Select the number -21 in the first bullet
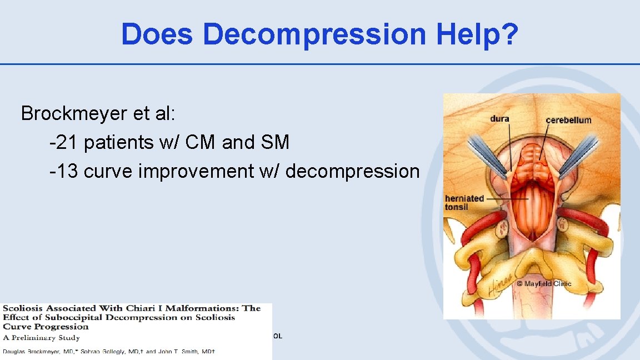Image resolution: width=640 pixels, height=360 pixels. coord(63,143)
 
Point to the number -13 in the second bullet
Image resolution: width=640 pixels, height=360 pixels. coord(63,172)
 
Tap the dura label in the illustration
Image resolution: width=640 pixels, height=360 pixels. coord(499,119)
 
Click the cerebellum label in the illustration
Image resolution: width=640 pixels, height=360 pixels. coord(568,120)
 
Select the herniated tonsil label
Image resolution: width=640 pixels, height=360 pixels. coord(464,203)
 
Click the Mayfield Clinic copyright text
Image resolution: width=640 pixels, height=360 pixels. coord(544,284)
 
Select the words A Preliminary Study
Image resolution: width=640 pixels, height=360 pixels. coord(42,337)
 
